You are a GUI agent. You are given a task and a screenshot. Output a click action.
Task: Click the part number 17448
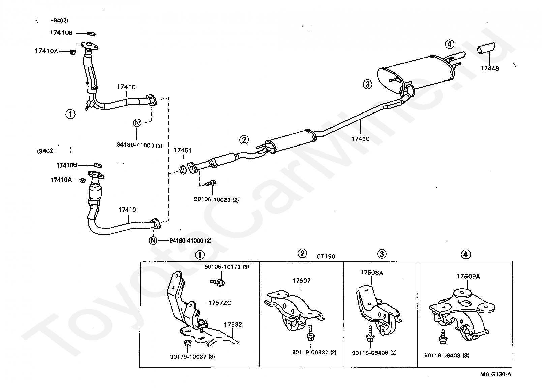489,68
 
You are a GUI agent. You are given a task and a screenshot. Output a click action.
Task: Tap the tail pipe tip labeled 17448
486,48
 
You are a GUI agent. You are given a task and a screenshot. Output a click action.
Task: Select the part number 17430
361,139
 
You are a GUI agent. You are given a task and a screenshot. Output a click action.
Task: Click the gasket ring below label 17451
183,170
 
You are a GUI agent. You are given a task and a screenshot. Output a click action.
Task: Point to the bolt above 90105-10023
211,183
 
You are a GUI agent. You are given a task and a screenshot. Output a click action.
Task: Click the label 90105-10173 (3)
227,267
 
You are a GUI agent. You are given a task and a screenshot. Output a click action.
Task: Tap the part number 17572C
220,303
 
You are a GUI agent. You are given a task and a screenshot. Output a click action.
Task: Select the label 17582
233,324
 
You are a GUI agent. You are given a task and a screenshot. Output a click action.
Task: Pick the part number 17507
301,281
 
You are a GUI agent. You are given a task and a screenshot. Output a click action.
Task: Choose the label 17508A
372,273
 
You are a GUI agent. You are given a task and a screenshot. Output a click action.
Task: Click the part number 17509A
468,276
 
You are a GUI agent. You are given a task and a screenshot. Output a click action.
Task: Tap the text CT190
326,256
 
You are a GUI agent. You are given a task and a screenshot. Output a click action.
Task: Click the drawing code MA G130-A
496,374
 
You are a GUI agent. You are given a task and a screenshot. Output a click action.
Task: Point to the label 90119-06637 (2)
314,352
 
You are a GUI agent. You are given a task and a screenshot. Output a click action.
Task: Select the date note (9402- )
55,151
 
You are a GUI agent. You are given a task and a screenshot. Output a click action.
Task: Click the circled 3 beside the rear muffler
367,84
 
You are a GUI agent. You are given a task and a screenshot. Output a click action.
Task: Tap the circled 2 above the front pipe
244,140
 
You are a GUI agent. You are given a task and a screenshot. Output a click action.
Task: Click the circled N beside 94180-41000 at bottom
153,240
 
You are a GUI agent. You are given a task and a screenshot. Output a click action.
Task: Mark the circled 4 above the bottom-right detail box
466,254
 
